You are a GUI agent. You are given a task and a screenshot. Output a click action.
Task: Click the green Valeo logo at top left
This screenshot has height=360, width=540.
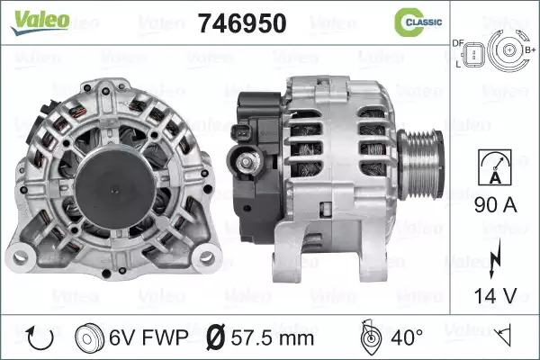tap(40, 22)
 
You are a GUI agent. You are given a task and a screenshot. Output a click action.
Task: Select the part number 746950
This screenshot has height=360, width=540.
tap(242, 23)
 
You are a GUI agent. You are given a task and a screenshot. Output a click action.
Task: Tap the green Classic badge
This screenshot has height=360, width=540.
tap(418, 22)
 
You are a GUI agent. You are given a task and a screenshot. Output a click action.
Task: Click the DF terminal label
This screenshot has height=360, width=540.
tap(458, 43)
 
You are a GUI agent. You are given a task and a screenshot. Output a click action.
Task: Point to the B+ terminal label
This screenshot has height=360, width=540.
tap(530, 50)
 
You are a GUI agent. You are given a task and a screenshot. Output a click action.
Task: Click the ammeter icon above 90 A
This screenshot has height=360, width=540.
tap(495, 167)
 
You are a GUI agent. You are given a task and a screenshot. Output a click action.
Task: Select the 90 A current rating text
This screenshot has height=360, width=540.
tap(496, 205)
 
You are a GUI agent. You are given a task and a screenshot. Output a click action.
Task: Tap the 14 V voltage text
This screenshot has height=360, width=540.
tap(496, 295)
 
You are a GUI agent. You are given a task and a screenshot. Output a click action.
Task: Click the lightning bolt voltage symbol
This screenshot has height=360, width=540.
tap(495, 257)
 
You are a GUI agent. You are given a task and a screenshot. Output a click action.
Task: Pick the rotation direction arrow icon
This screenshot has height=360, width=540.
tap(40, 338)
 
